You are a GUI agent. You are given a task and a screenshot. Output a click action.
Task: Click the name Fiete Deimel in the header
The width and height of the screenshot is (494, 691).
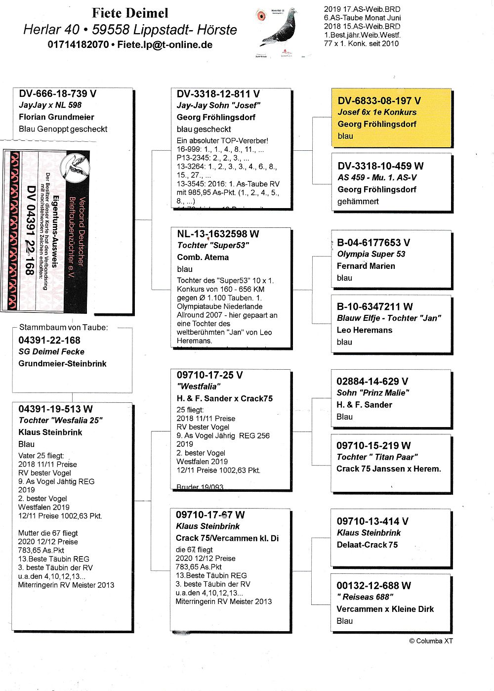pyautogui.click(x=130, y=13)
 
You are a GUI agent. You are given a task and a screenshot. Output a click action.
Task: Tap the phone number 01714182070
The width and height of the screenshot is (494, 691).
pyautogui.click(x=78, y=44)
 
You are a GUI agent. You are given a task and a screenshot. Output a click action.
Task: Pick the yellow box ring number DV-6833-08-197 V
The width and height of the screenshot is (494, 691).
pyautogui.click(x=379, y=101)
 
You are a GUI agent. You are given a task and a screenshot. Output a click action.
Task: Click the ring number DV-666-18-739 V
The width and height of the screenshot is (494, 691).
pyautogui.click(x=57, y=94)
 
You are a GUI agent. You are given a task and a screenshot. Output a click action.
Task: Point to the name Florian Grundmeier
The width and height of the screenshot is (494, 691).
pyautogui.click(x=56, y=117)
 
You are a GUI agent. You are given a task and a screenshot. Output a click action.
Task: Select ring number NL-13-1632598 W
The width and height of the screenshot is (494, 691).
pyautogui.click(x=218, y=234)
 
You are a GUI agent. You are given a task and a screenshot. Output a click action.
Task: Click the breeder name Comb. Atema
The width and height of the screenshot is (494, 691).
pyautogui.click(x=203, y=257)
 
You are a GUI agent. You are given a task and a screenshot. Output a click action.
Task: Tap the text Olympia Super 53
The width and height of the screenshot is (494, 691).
pyautogui.click(x=370, y=254)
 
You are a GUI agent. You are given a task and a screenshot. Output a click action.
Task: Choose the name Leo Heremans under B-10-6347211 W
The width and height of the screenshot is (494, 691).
pyautogui.click(x=364, y=330)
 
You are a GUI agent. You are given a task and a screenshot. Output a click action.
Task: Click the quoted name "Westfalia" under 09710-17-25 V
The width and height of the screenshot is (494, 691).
pyautogui.click(x=199, y=387)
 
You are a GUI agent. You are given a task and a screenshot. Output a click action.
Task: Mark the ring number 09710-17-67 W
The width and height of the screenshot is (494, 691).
pyautogui.click(x=210, y=515)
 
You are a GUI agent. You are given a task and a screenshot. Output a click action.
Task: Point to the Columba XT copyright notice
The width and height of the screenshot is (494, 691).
pyautogui.click(x=430, y=641)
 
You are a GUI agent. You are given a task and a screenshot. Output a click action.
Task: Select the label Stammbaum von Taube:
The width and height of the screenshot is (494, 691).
pyautogui.click(x=63, y=327)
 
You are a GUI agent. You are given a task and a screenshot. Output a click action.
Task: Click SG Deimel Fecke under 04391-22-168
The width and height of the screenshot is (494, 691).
pyautogui.click(x=51, y=352)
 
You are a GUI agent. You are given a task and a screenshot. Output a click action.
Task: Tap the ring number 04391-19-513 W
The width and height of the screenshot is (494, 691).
pyautogui.click(x=55, y=409)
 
